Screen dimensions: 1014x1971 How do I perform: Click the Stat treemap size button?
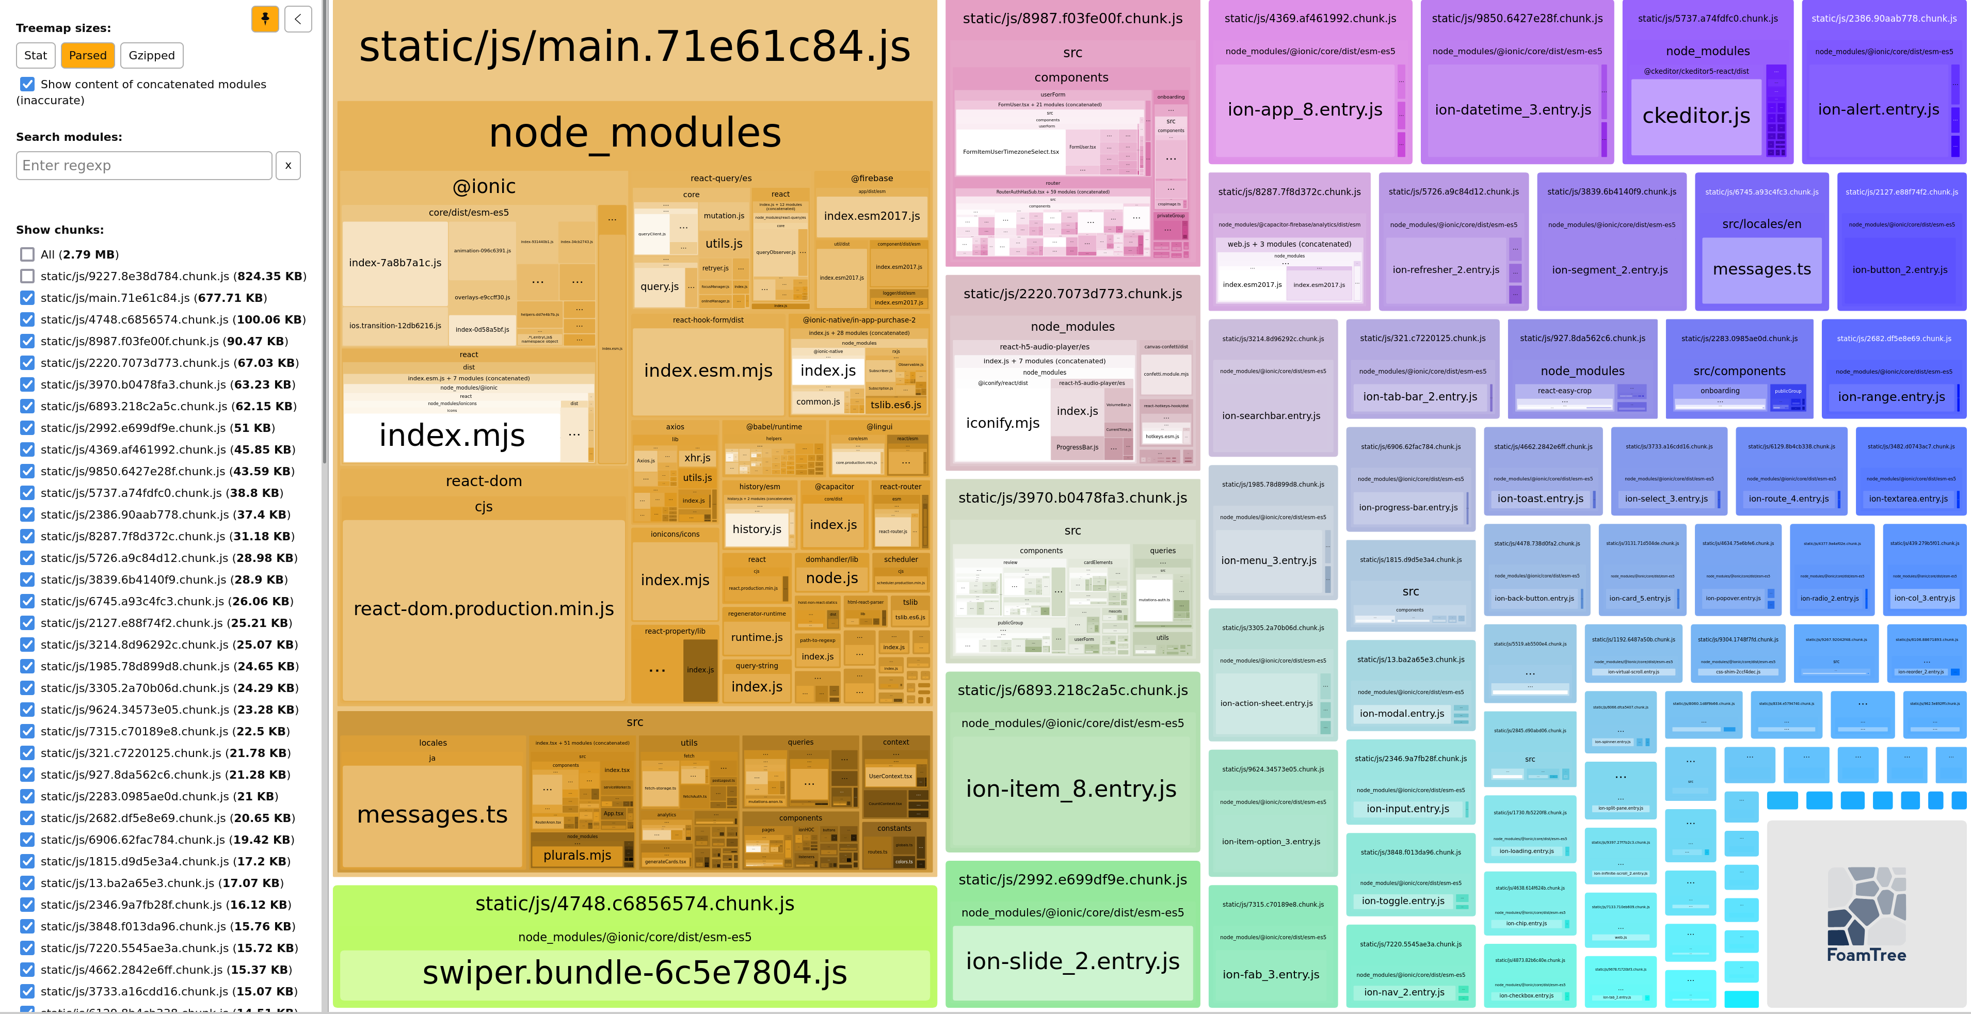coord(35,55)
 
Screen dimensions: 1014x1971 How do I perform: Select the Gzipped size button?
coord(152,55)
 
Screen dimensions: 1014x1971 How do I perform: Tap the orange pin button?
coord(265,19)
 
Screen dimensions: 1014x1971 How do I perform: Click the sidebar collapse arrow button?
coord(298,19)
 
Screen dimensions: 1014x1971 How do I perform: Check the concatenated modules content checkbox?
coord(27,84)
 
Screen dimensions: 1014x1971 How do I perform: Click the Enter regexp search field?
coord(144,165)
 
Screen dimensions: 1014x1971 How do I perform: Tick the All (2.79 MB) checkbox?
coord(27,254)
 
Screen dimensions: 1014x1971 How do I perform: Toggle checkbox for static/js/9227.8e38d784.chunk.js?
coord(27,276)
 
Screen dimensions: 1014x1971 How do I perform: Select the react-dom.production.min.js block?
coord(484,609)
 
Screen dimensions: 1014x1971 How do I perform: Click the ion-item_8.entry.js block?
coord(1071,789)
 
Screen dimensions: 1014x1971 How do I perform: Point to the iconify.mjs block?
coord(1002,423)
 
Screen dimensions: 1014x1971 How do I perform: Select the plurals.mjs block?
coord(577,856)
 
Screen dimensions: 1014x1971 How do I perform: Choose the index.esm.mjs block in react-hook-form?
coord(708,371)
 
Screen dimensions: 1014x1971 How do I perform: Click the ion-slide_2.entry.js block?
coord(1072,961)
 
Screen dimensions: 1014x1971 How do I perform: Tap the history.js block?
coord(757,529)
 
